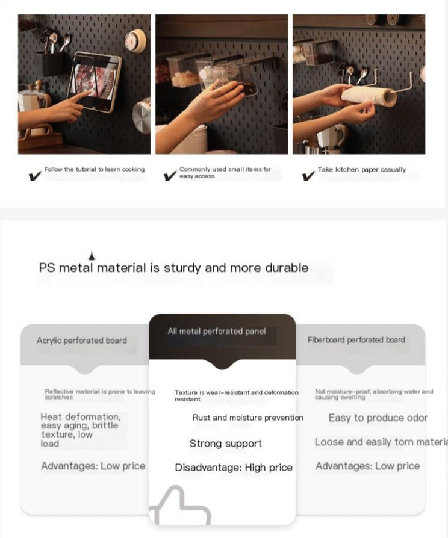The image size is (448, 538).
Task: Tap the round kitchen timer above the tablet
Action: [x=134, y=41]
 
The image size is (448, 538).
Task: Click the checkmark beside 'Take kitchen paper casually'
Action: [x=308, y=176]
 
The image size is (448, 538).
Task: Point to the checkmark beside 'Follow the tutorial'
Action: [x=35, y=176]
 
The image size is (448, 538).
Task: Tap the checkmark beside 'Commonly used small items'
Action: [x=170, y=176]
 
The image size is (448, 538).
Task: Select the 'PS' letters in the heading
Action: [x=47, y=268]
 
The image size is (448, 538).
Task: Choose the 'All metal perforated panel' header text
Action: [x=217, y=332]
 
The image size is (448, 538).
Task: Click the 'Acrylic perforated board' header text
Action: [x=82, y=341]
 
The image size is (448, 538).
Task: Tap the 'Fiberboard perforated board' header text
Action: [x=356, y=340]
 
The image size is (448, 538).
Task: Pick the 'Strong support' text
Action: [x=226, y=444]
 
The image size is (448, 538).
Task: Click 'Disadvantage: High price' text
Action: [x=234, y=468]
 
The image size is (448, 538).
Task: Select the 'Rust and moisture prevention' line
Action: [x=248, y=418]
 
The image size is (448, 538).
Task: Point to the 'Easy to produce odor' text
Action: [x=378, y=418]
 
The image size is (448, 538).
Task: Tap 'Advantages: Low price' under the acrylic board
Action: [x=93, y=466]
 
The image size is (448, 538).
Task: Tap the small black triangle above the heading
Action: [x=92, y=256]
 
